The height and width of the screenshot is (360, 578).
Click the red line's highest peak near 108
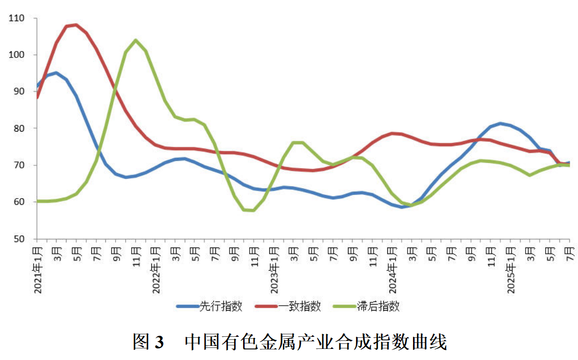(x=76, y=25)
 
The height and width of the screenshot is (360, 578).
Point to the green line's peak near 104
(x=135, y=40)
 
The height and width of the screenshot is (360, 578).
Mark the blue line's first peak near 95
(x=56, y=73)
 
